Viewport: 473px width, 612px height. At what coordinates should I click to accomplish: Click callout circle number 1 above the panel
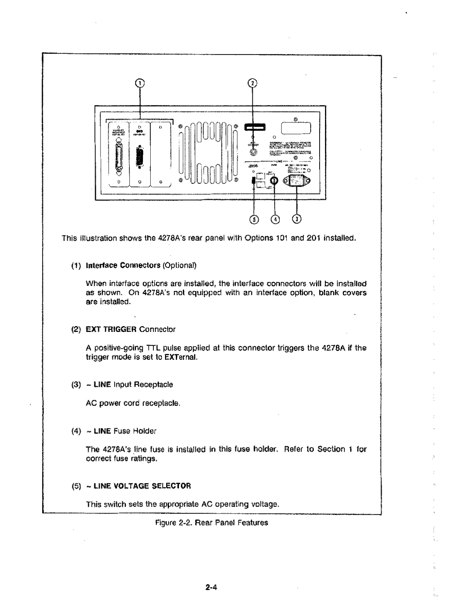[x=140, y=83]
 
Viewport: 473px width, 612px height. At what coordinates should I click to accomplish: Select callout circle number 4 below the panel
[x=275, y=219]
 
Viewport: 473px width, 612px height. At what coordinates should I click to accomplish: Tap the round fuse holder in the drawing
[x=274, y=180]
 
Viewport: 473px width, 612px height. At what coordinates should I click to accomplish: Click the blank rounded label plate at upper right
[x=296, y=127]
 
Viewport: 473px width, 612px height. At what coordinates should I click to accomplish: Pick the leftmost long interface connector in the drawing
[x=119, y=158]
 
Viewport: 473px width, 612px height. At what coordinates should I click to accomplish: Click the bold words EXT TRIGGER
[x=111, y=330]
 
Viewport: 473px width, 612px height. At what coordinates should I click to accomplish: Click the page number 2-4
[x=211, y=588]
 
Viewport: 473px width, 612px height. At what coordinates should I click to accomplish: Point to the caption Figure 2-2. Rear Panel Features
[x=211, y=523]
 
